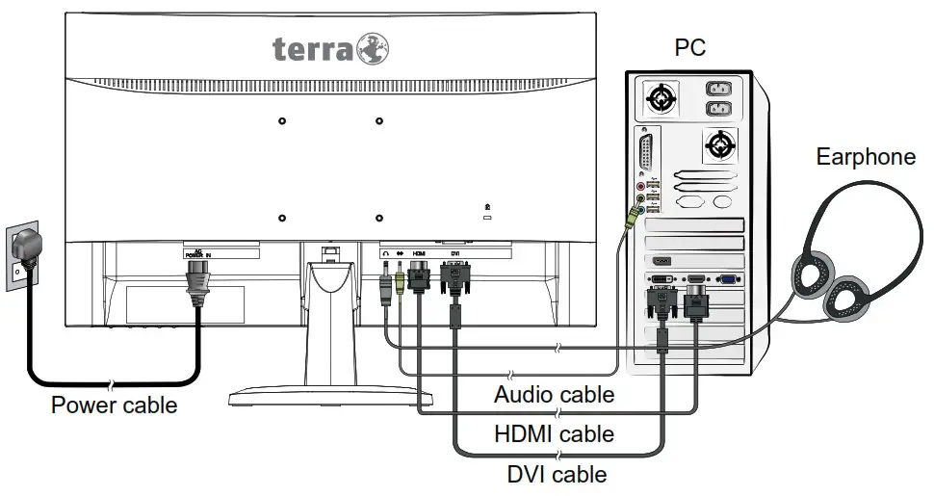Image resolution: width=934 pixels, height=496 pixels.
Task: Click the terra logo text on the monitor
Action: click(x=313, y=48)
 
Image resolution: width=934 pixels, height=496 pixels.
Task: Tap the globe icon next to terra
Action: click(x=373, y=49)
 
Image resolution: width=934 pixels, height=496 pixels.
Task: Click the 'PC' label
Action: click(x=688, y=47)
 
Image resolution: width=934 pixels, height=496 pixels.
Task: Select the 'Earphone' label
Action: click(x=867, y=157)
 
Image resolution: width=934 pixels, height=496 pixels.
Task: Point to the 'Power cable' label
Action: click(x=114, y=405)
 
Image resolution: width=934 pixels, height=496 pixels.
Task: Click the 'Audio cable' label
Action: click(x=554, y=394)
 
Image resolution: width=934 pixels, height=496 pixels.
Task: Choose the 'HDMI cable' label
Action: click(x=554, y=434)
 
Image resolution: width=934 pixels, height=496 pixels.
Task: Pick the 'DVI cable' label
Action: click(x=557, y=474)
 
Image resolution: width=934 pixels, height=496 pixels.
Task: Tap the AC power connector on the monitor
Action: click(x=196, y=283)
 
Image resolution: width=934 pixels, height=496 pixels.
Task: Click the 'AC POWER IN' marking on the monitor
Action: click(x=196, y=254)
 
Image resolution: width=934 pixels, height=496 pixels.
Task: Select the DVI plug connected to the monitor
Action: click(x=454, y=283)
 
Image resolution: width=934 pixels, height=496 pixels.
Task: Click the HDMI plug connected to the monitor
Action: click(x=419, y=278)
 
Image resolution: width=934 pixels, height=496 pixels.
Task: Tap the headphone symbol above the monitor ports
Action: click(x=384, y=255)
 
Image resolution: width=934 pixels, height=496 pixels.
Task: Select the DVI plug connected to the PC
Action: click(x=662, y=304)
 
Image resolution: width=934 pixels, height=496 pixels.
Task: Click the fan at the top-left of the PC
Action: click(x=662, y=98)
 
